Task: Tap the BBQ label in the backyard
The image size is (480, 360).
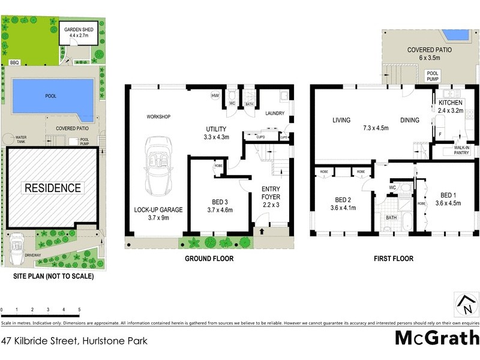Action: coord(14,62)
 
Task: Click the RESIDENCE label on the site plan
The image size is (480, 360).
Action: coord(52,188)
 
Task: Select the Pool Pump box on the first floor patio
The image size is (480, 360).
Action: coord(433,76)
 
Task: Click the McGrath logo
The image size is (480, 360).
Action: coord(436,337)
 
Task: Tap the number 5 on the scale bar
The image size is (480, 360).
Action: coord(79,310)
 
